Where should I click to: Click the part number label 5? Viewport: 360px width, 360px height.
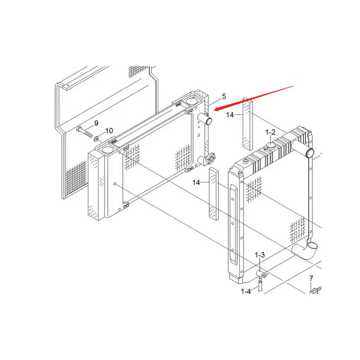(224, 97)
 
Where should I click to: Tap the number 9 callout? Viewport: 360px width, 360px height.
(96, 123)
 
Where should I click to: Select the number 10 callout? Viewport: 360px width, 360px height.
(109, 131)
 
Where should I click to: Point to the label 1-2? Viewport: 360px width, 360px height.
(270, 132)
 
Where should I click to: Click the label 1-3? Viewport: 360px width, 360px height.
(260, 255)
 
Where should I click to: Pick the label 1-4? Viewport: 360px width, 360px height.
(246, 292)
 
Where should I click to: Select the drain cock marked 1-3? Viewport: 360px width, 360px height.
(262, 273)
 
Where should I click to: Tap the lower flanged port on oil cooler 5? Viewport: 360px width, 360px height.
(207, 159)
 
